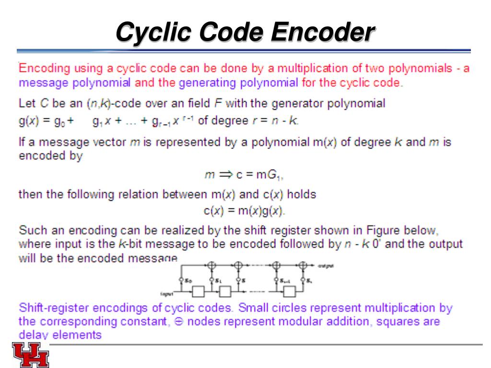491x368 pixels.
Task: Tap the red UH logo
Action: [31, 355]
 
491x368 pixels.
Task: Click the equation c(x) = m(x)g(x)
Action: [245, 210]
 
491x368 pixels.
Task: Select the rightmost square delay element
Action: [289, 291]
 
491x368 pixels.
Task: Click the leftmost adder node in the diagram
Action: [211, 265]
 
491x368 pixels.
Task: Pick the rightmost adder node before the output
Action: [303, 265]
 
